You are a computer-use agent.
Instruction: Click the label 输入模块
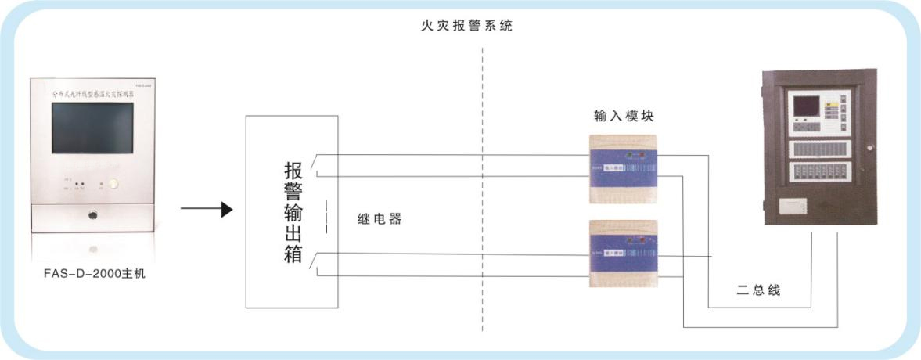coord(624,116)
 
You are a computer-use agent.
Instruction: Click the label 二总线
coord(757,291)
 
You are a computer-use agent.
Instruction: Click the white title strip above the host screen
coord(94,92)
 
